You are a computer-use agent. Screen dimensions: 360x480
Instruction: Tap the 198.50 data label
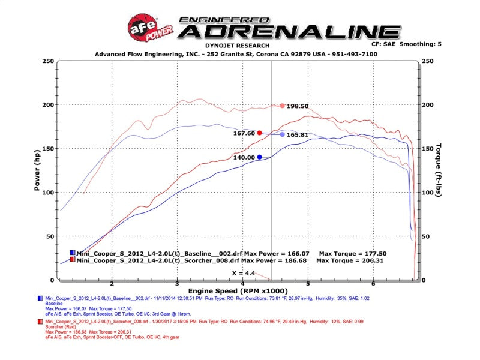pos(298,106)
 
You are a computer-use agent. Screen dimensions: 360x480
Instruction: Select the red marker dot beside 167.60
pos(259,133)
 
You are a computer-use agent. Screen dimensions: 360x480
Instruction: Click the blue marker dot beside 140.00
pos(259,157)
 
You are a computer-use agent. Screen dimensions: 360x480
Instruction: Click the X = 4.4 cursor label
pos(244,273)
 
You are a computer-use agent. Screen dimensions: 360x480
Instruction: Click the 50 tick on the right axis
pos(427,236)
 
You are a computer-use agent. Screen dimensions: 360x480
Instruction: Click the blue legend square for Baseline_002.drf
pos(73,253)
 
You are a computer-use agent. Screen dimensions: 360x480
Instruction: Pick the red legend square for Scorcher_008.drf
pos(73,260)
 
